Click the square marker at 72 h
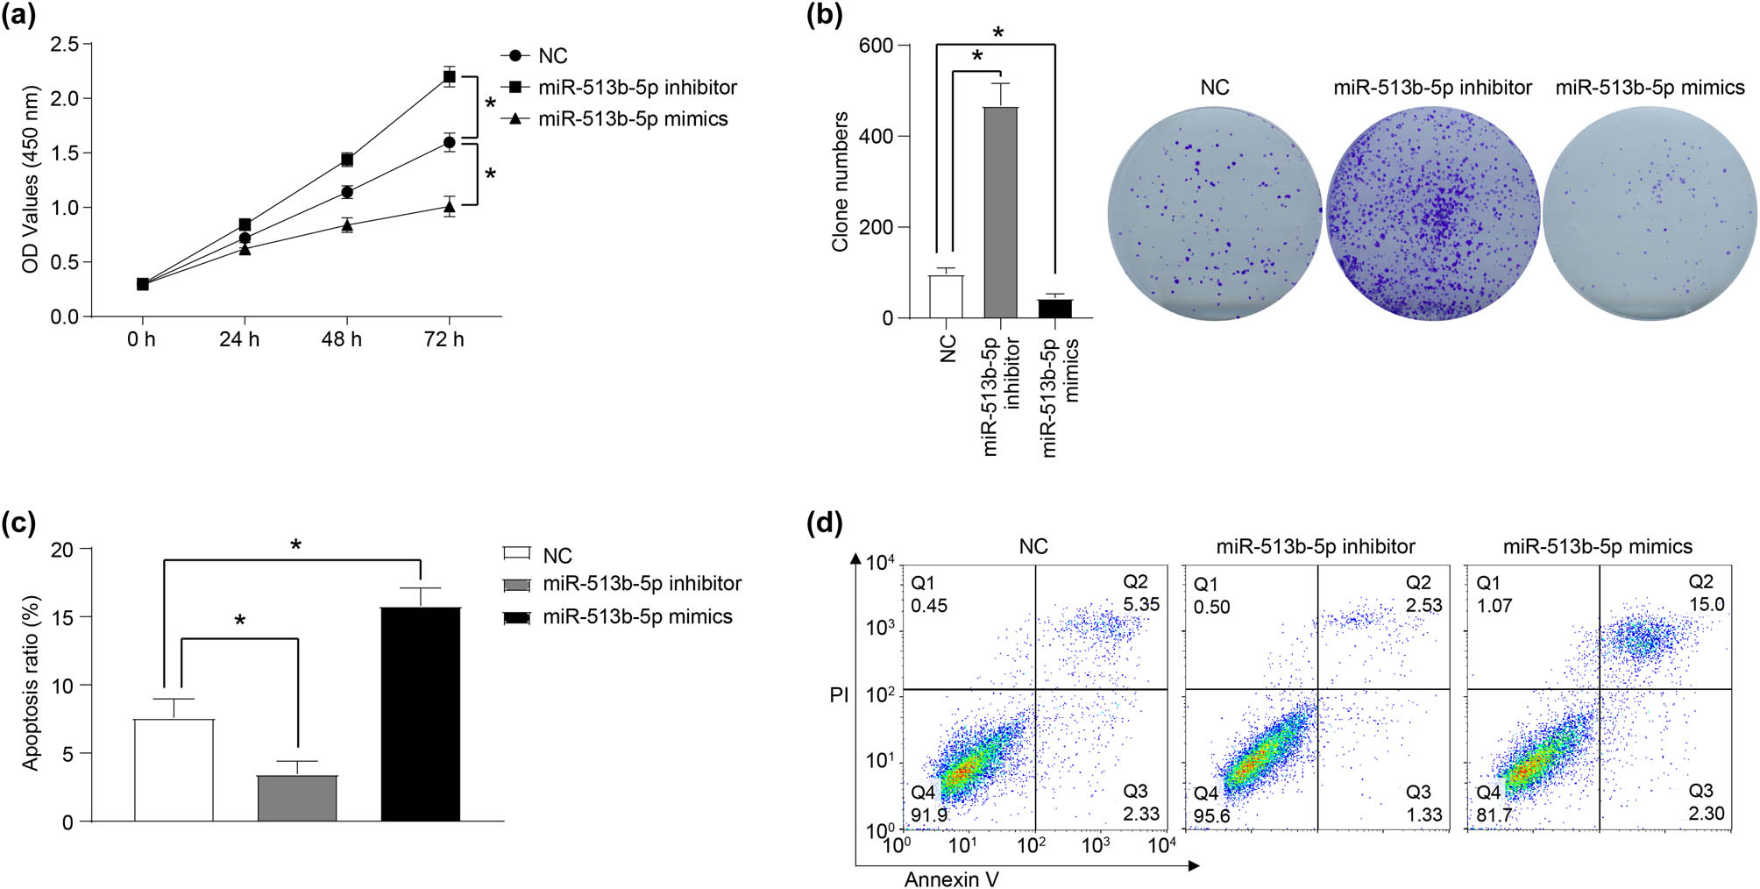tap(449, 77)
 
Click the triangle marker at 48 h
tap(347, 225)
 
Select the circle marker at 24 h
tap(245, 238)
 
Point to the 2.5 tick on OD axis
tap(64, 44)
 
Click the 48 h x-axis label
tap(342, 339)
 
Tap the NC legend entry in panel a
tap(552, 56)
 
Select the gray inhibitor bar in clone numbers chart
tap(1000, 212)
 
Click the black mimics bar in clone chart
tap(1054, 309)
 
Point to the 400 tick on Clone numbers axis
tap(876, 137)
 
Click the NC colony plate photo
tap(1214, 213)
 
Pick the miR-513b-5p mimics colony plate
tap(1650, 213)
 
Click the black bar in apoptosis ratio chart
tap(421, 714)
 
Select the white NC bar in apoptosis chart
tap(174, 770)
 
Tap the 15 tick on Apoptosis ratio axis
tap(62, 617)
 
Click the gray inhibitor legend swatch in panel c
tap(517, 585)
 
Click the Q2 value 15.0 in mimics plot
tap(1706, 605)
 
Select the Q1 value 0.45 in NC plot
tap(929, 606)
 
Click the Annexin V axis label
tap(951, 879)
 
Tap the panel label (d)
tap(824, 524)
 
